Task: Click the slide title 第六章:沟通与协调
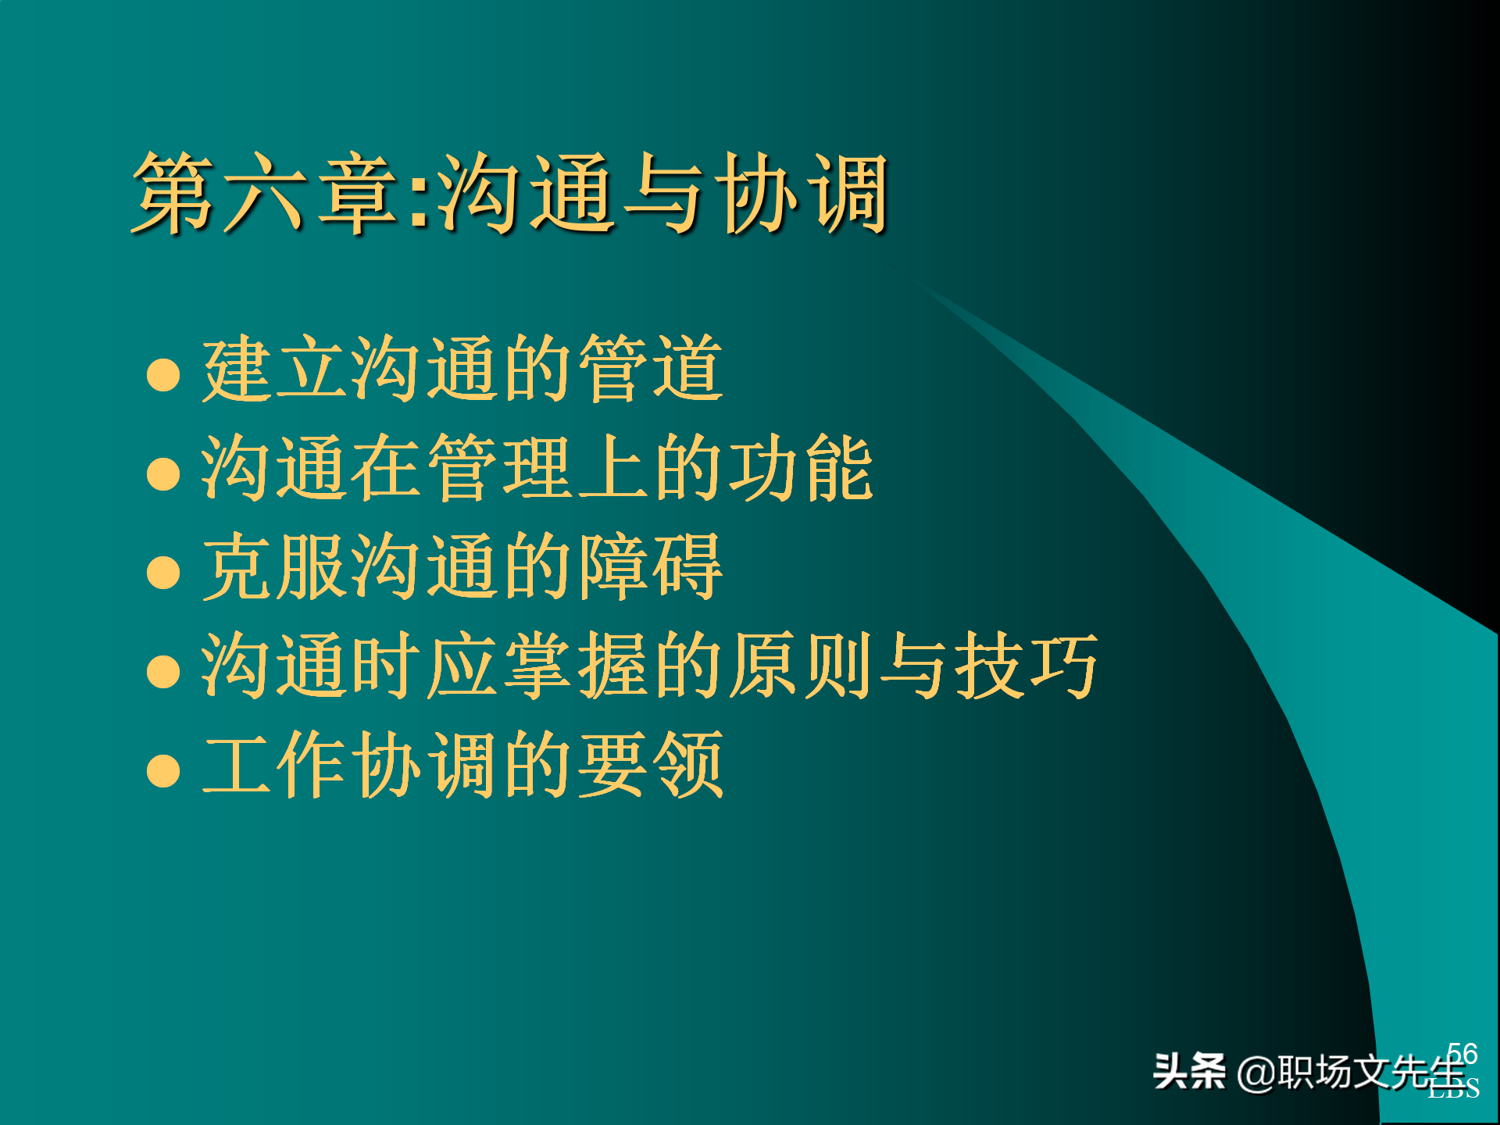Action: tap(512, 194)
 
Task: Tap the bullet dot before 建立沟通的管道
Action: tap(163, 374)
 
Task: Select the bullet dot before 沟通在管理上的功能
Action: tap(163, 473)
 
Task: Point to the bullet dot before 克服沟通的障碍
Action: tap(163, 572)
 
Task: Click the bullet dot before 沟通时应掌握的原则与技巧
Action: tap(163, 671)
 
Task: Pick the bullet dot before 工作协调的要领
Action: tap(163, 770)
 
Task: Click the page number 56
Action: tap(1462, 1053)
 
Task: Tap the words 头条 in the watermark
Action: tap(1189, 1071)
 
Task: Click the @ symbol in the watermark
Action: tap(1256, 1073)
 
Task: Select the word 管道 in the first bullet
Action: tap(651, 369)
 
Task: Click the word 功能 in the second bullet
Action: tap(801, 468)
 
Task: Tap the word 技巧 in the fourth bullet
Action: tap(1027, 666)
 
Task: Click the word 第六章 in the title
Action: tap(266, 194)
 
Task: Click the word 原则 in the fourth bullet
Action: tap(801, 666)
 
